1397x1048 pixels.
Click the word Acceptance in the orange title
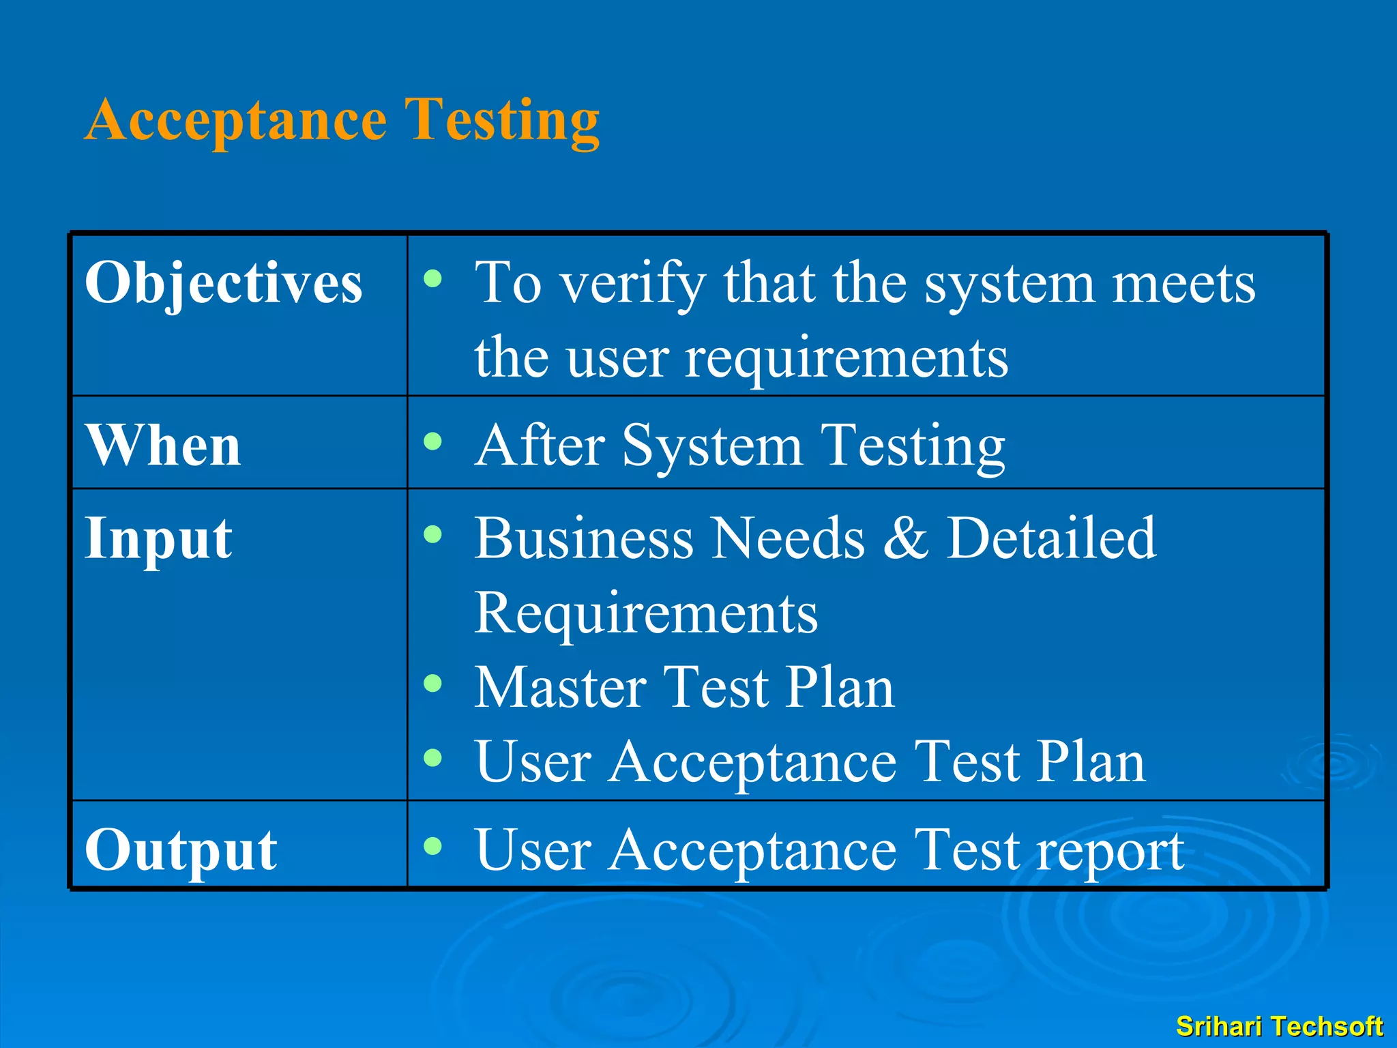pos(237,120)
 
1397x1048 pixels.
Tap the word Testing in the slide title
pos(502,120)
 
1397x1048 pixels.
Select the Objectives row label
pos(223,283)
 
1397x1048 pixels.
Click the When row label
pos(163,445)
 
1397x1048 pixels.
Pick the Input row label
pos(158,539)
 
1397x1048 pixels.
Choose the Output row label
pos(181,850)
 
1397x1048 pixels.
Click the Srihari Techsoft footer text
pos(1279,1026)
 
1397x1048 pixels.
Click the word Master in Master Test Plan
pos(560,688)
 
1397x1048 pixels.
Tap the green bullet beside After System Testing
pos(432,441)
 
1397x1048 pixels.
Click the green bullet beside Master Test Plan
pos(432,683)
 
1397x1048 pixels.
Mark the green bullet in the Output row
pos(432,846)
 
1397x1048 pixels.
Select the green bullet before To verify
pos(432,278)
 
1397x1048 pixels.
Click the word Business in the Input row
pos(584,539)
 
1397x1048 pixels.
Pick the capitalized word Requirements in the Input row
pos(645,613)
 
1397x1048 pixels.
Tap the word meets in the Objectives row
pos(1183,283)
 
